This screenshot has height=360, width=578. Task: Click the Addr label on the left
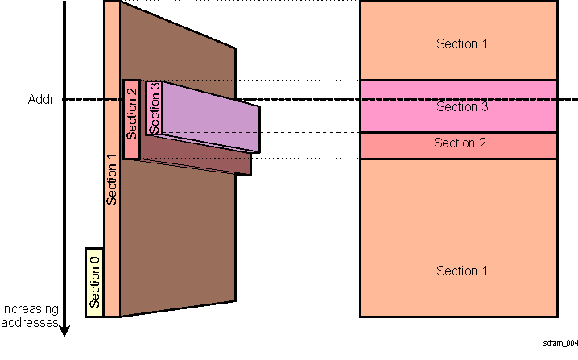click(x=39, y=101)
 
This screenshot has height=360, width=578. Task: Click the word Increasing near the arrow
click(x=28, y=309)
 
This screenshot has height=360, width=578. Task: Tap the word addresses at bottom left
click(x=28, y=322)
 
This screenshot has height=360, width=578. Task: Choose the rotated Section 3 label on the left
click(x=154, y=109)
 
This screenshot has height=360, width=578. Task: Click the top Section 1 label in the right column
click(x=461, y=43)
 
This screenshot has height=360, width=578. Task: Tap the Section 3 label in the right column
click(x=461, y=107)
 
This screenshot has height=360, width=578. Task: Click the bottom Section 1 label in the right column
click(x=461, y=271)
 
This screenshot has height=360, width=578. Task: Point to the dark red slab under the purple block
click(x=201, y=159)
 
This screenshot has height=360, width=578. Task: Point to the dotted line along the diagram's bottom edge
click(x=242, y=317)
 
